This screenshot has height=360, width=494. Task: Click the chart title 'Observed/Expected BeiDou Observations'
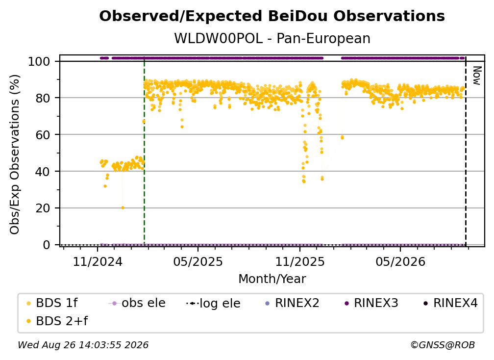[272, 16]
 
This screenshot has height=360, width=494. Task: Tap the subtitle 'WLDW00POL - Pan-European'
[272, 38]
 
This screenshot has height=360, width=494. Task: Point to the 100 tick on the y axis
[39, 61]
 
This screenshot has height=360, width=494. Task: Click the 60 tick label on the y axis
[43, 134]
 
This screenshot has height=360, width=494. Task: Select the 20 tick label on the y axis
[43, 208]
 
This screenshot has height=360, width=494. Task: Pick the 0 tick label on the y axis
[46, 245]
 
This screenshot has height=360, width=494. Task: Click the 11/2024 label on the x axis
[98, 261]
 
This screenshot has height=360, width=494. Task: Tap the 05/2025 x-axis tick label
[198, 261]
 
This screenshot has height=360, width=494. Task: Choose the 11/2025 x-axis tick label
[300, 261]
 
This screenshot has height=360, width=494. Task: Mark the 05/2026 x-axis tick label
[400, 261]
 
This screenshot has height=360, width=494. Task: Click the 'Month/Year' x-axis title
[272, 279]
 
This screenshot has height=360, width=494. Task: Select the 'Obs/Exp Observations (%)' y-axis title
[15, 154]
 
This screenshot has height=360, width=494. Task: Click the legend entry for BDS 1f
[52, 303]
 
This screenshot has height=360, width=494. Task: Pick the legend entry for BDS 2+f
[57, 321]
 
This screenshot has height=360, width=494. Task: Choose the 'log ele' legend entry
[214, 303]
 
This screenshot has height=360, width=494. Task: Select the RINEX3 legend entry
[371, 303]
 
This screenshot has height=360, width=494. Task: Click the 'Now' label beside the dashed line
[477, 76]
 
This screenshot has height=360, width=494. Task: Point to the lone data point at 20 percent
[123, 208]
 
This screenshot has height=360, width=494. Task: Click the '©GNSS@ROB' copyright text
[443, 345]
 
